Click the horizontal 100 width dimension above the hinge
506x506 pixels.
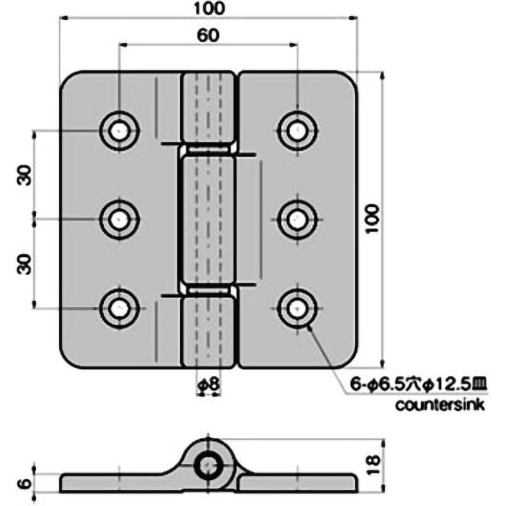tap(209, 8)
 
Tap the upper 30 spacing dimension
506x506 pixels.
tap(25, 175)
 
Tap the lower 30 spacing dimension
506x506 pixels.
tap(25, 262)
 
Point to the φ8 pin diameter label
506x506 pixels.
tap(207, 383)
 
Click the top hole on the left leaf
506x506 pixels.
tap(119, 132)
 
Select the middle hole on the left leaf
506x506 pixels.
tap(119, 219)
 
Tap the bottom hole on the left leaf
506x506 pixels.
tap(119, 308)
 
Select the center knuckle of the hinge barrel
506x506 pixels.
tap(208, 219)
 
